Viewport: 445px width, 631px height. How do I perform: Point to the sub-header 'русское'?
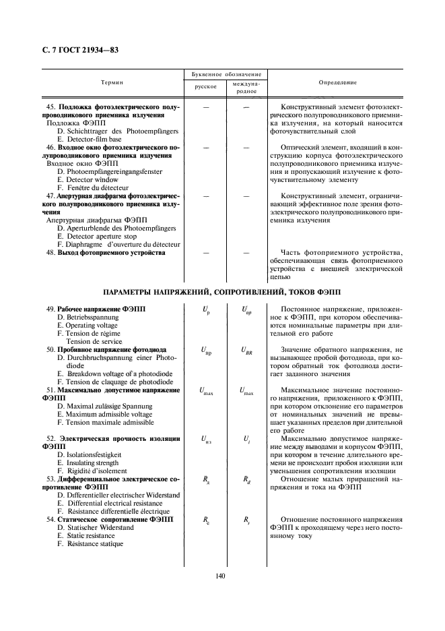coord(205,87)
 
